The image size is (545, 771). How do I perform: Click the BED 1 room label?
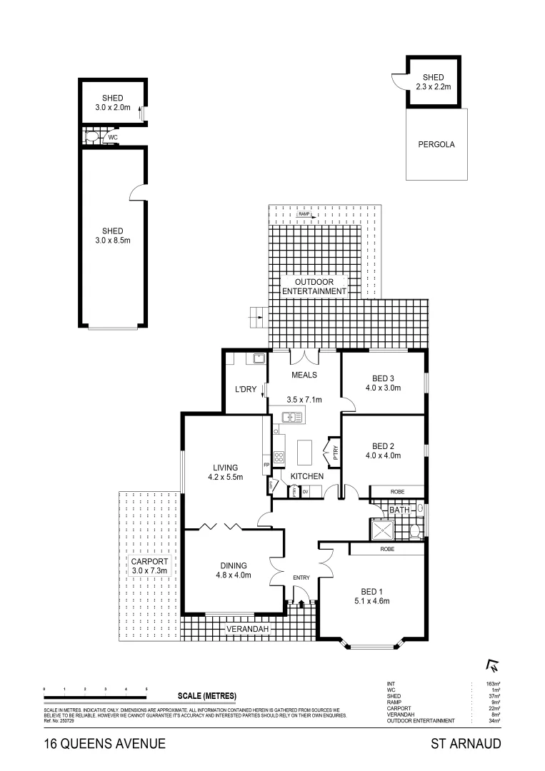pos(371,590)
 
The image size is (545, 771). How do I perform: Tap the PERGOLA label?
pos(436,144)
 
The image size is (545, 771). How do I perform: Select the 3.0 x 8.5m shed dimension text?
pos(112,241)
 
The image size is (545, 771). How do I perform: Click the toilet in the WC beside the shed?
pos(91,136)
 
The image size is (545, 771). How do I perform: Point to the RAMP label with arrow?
pos(305,214)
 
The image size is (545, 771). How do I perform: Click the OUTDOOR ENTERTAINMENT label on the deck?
pos(314,286)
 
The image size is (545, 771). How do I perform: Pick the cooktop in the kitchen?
pos(279,457)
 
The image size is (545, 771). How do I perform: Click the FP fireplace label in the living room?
pos(266,465)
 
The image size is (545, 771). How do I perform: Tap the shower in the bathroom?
pos(382,529)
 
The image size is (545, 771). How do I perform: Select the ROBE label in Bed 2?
pos(397,492)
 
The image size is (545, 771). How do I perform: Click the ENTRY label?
pos(301,578)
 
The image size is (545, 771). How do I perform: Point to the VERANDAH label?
pos(247,629)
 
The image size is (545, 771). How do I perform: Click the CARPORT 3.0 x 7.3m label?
pos(149,566)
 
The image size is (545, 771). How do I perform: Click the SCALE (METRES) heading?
pos(206,695)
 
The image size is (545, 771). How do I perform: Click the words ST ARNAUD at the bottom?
pos(466,744)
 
